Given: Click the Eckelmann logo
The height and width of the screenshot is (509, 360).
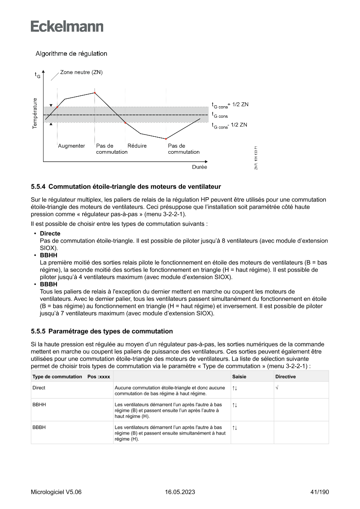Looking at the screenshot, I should click(x=67, y=26).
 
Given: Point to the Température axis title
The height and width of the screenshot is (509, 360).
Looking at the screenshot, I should click(x=34, y=113).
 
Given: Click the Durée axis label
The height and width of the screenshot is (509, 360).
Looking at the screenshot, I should click(x=199, y=167).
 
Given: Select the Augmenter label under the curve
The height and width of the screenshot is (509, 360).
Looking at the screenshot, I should click(x=71, y=146).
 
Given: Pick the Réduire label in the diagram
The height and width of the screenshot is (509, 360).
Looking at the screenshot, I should click(x=137, y=146).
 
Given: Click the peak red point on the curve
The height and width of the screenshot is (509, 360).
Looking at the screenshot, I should click(x=95, y=93).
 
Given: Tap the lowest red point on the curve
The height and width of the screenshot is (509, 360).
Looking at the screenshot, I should click(x=166, y=139).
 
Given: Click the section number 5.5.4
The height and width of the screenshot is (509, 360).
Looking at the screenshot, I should click(x=39, y=187).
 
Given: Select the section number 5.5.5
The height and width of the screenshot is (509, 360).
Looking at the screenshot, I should click(x=39, y=331).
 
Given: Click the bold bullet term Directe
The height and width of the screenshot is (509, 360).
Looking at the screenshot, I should click(x=50, y=234).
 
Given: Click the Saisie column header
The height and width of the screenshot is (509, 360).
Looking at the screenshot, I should click(x=239, y=377).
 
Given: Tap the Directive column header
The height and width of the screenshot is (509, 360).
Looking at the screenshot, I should click(x=286, y=377).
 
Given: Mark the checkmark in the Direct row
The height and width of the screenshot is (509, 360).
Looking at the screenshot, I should click(x=277, y=387).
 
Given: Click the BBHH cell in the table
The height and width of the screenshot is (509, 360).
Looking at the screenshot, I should click(x=40, y=405).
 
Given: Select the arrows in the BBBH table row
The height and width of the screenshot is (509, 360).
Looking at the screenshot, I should click(x=235, y=428).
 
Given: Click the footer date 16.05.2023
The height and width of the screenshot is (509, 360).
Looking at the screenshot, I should click(x=180, y=492).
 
